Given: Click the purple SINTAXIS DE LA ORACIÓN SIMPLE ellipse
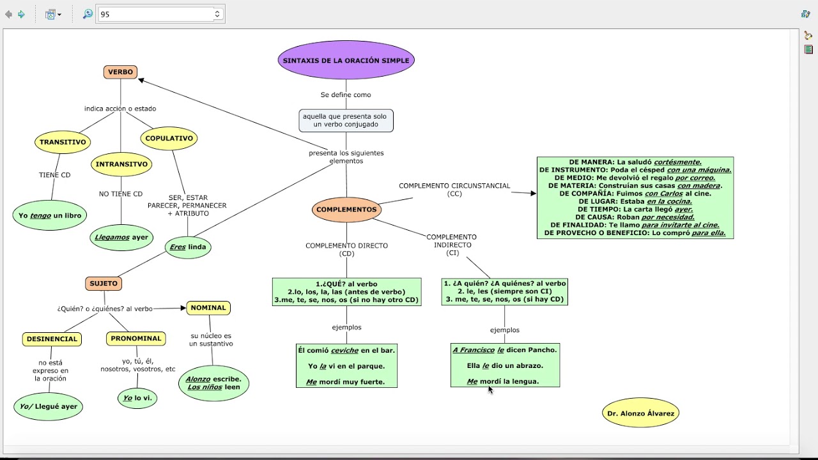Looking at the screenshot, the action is point(346,60).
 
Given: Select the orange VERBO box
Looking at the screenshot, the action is point(121,72).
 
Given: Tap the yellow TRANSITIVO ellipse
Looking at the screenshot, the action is point(63,142).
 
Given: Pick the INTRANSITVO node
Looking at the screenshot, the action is point(121,164).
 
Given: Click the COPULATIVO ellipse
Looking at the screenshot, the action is point(169,139).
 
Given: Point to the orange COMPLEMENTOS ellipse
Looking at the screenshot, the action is point(346,210).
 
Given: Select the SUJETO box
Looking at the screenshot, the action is point(104,284).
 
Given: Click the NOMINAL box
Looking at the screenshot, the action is point(208,308).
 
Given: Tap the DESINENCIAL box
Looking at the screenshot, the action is point(52,339).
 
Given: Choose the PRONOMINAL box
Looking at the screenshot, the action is point(136,339).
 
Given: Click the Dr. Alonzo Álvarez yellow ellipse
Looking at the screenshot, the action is point(640,413).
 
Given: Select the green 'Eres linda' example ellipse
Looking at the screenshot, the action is point(188,247).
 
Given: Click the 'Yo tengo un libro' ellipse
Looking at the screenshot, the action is point(50,215).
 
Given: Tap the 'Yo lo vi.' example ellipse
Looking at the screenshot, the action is point(137,398).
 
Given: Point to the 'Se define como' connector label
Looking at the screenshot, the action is point(346,95).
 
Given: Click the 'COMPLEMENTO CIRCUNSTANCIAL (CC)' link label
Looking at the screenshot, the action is point(454,190).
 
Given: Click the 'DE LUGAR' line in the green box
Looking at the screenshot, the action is point(635,201).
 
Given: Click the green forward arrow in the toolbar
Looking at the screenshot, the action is point(22,14).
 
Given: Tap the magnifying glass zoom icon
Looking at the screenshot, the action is point(88,14).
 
